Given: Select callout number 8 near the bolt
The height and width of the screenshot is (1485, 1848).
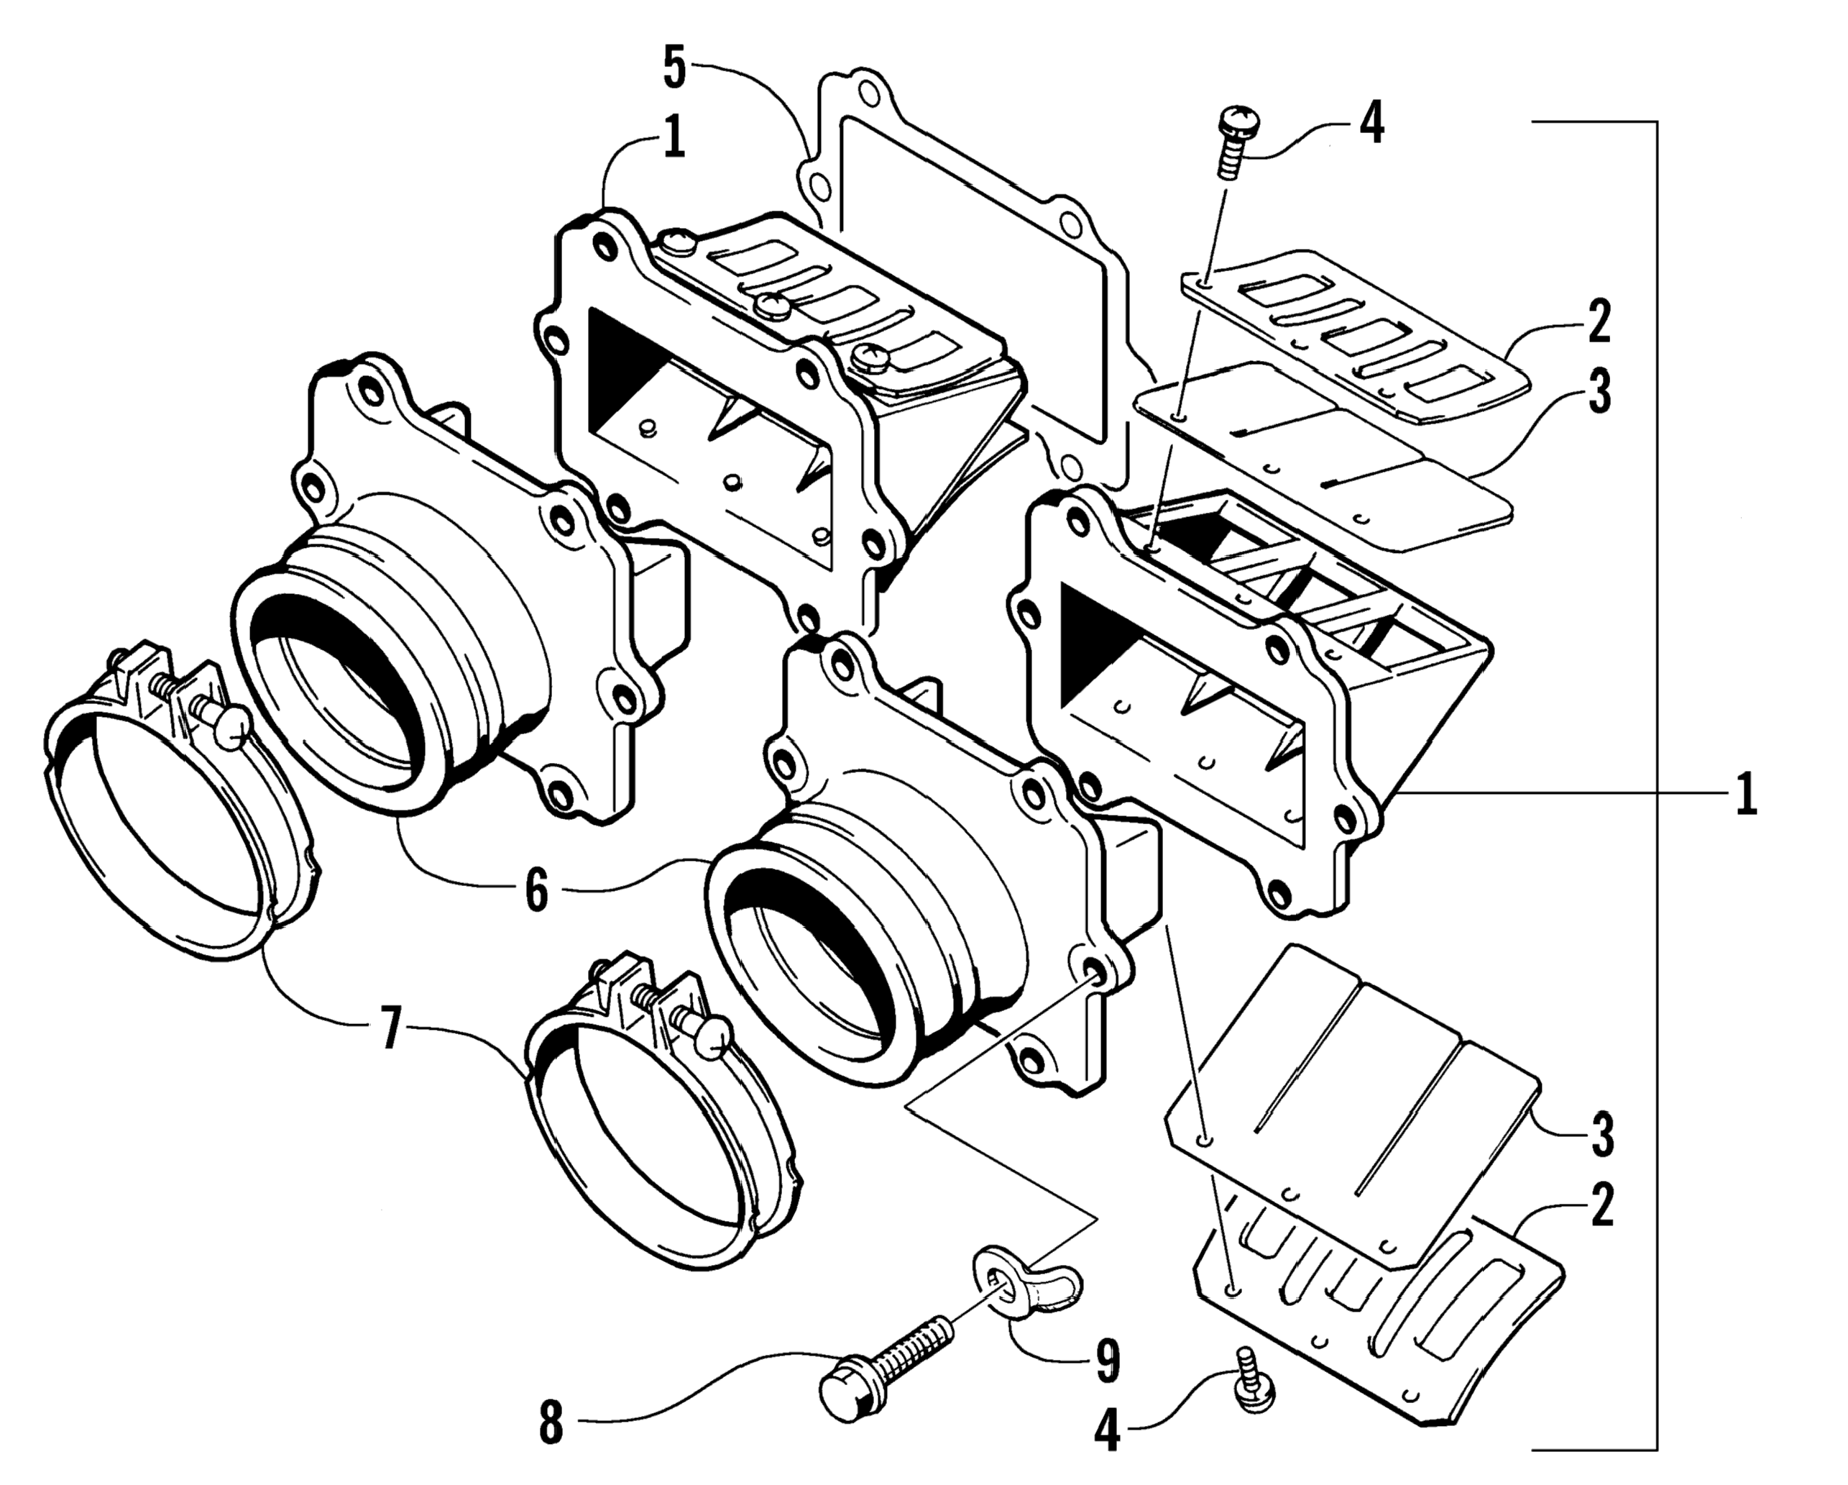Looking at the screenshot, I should pyautogui.click(x=551, y=1423).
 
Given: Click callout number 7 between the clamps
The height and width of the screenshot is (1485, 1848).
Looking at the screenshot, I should pyautogui.click(x=391, y=1028).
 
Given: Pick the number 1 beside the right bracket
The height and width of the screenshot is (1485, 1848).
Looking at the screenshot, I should pyautogui.click(x=1745, y=794).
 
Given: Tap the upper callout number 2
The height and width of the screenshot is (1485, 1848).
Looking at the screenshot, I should pyautogui.click(x=1599, y=322).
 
